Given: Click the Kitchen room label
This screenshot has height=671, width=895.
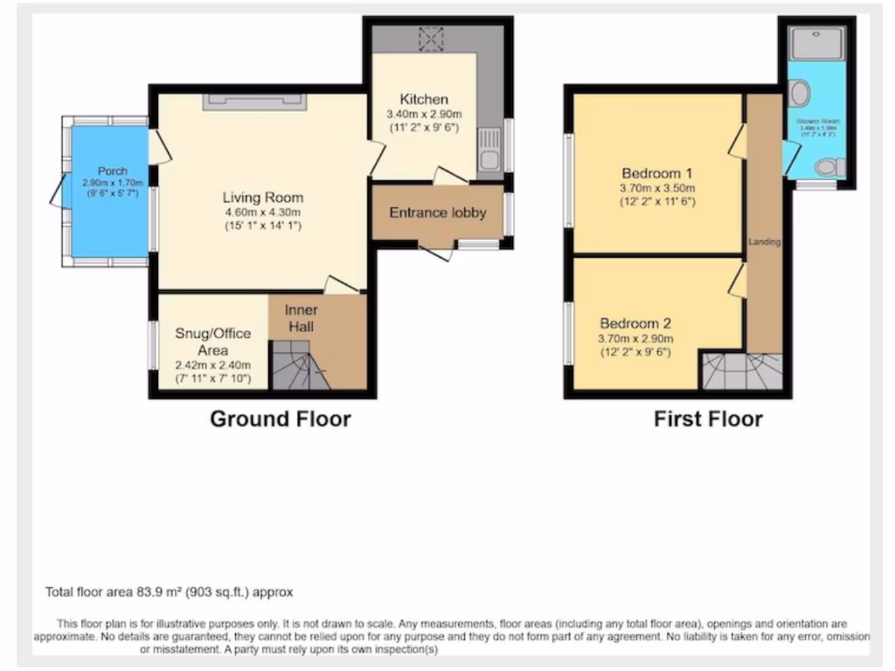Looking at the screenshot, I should pyautogui.click(x=424, y=99).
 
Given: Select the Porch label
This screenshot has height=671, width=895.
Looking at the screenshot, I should pyautogui.click(x=112, y=170).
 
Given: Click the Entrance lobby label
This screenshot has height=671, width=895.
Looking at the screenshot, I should pyautogui.click(x=437, y=212).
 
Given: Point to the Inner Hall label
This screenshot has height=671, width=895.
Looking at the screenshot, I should pyautogui.click(x=301, y=318).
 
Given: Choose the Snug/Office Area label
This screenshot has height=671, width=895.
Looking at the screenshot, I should pyautogui.click(x=212, y=342).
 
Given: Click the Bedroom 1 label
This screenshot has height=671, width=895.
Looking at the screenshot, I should pyautogui.click(x=658, y=171).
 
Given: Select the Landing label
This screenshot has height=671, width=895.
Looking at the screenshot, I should pyautogui.click(x=763, y=241).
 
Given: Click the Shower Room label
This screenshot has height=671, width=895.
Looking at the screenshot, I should pyautogui.click(x=815, y=121).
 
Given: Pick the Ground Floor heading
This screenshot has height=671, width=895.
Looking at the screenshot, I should pyautogui.click(x=280, y=419).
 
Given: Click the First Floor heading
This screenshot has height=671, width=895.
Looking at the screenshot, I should pyautogui.click(x=708, y=419).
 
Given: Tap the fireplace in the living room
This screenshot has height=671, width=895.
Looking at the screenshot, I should pyautogui.click(x=255, y=102).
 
